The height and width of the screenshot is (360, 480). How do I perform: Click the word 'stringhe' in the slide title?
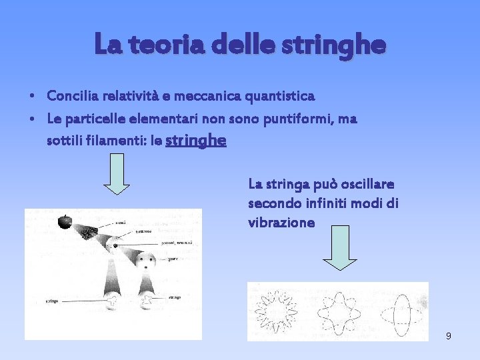coord(343,45)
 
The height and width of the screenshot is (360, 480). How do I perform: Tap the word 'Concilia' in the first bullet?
coord(73,96)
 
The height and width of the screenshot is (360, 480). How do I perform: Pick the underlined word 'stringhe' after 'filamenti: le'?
coord(195,141)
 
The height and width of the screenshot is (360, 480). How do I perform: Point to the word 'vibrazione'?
coord(281,223)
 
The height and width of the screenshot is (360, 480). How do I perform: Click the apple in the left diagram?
coord(65,221)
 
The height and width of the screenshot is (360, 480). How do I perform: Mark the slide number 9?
coord(448,336)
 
